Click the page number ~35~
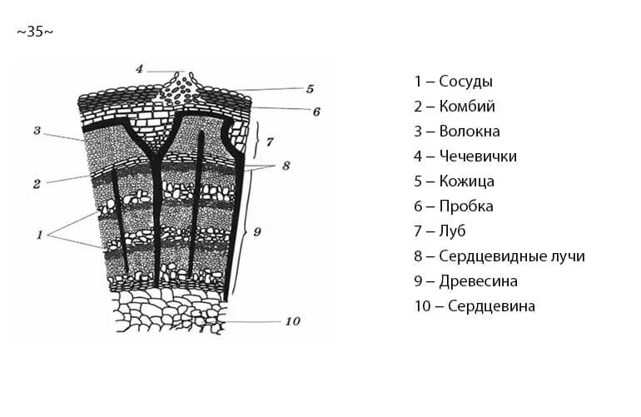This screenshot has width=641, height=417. pyautogui.click(x=35, y=32)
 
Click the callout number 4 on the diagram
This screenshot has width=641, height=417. pyautogui.click(x=139, y=68)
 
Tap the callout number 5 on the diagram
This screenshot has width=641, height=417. pyautogui.click(x=309, y=88)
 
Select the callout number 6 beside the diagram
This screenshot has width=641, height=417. pyautogui.click(x=316, y=111)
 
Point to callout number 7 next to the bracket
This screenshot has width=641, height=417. pyautogui.click(x=270, y=141)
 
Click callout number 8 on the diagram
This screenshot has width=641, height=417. pyautogui.click(x=286, y=166)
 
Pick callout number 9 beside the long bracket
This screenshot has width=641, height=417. pyautogui.click(x=257, y=232)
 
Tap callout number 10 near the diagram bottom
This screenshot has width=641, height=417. pyautogui.click(x=291, y=321)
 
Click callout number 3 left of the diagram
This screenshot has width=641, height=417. pyautogui.click(x=37, y=131)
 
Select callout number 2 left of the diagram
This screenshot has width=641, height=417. pyautogui.click(x=37, y=184)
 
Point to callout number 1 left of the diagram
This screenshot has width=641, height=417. pyautogui.click(x=38, y=235)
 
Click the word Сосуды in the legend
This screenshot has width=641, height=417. pyautogui.click(x=465, y=82)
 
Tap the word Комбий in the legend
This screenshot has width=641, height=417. pyautogui.click(x=466, y=107)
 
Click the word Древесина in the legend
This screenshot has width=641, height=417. pyautogui.click(x=479, y=281)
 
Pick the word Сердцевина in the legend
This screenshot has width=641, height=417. pyautogui.click(x=491, y=306)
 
